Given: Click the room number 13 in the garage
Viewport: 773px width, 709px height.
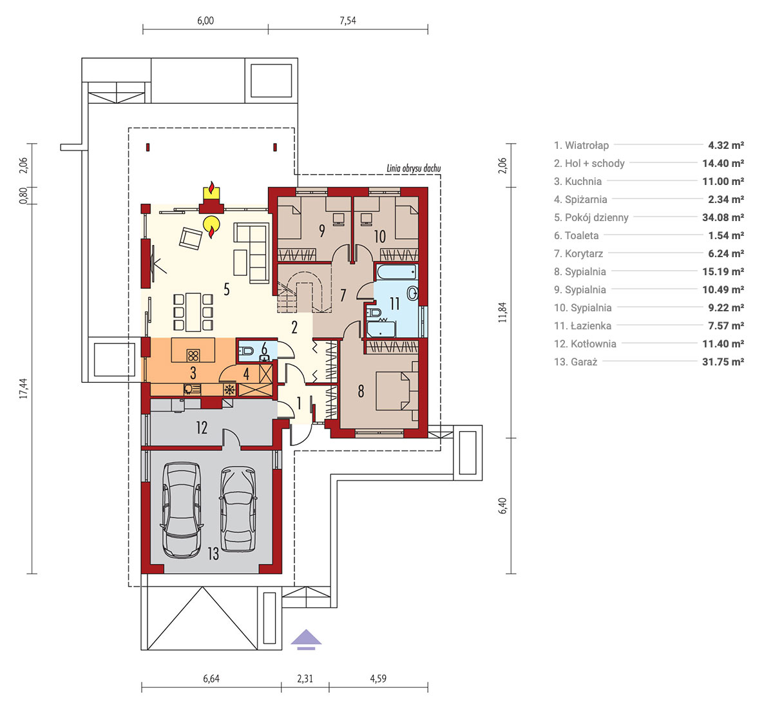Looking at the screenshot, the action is point(213,554).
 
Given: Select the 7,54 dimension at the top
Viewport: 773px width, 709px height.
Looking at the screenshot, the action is point(348,21).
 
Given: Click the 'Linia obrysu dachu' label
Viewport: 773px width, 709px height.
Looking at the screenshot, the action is point(414,168).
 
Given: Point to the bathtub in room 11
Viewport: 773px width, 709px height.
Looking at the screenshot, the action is point(397,272).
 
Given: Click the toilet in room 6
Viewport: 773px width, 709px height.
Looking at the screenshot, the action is point(245,351).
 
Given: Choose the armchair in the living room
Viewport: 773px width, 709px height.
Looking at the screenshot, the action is point(191,238).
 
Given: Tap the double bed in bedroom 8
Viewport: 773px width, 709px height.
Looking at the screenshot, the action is point(397,391).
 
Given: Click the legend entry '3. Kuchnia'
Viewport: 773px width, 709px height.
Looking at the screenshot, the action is point(578,181).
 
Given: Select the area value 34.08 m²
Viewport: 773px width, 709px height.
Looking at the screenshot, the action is point(723,218).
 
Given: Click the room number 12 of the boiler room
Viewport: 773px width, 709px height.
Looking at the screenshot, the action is point(202,427).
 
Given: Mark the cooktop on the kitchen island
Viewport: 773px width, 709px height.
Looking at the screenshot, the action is point(193,355).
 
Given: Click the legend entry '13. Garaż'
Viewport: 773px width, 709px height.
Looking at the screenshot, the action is point(576,362).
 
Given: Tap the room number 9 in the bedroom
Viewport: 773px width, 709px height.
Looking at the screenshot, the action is point(322,231).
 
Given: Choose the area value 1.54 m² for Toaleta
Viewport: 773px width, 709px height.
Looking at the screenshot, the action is point(726,236).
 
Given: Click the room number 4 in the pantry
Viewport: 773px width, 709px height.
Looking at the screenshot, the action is point(246,373).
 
